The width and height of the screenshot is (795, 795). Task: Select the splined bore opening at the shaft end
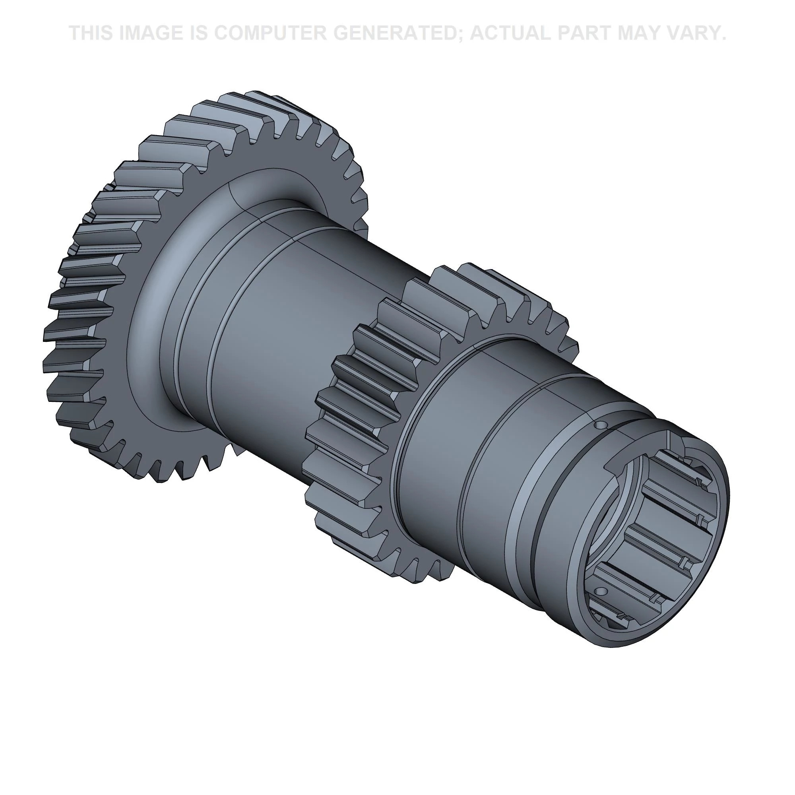[x=654, y=539]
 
